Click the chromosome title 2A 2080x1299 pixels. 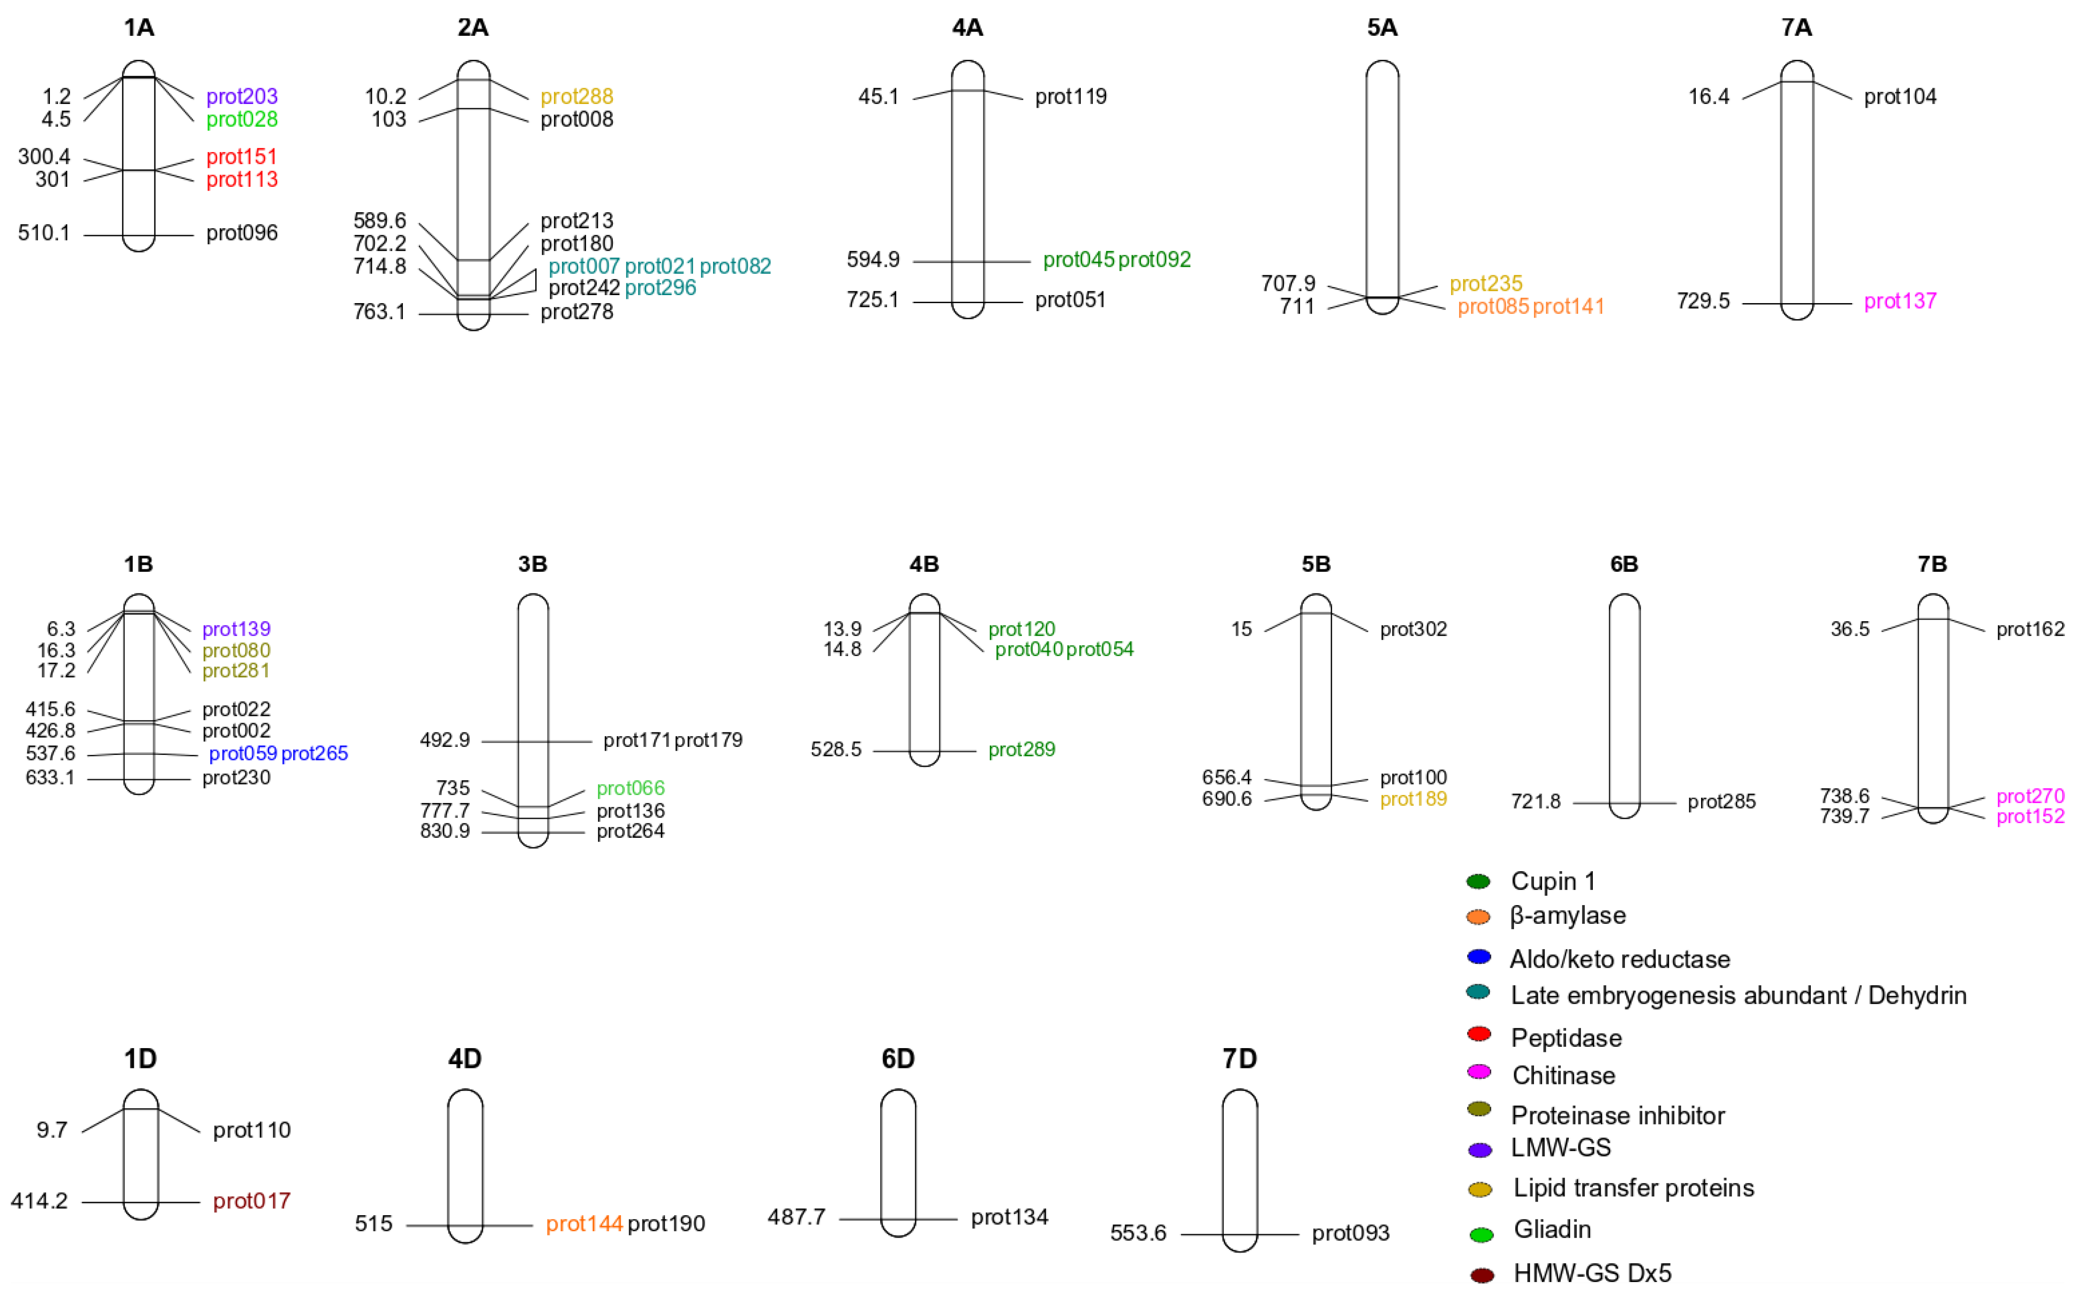473,28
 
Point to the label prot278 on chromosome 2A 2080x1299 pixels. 577,312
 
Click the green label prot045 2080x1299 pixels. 1078,259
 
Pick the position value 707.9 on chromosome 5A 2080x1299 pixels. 1288,283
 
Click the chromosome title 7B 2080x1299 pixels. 1931,564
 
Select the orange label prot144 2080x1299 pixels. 583,1223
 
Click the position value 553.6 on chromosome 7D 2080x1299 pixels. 1138,1233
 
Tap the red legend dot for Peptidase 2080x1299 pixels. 1478,1034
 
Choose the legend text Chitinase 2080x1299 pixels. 1563,1075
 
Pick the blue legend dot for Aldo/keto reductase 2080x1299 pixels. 1478,956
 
